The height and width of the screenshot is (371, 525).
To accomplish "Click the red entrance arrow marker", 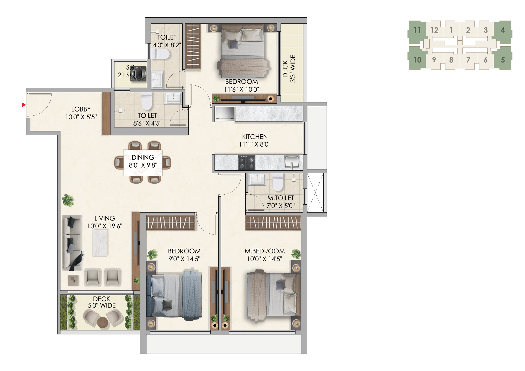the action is pyautogui.click(x=24, y=105).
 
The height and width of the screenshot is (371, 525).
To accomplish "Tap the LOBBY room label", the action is pyautogui.click(x=81, y=109).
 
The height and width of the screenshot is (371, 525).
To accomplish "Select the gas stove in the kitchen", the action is pyautogui.click(x=246, y=162).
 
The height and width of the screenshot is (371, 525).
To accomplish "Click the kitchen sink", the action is pyautogui.click(x=292, y=162).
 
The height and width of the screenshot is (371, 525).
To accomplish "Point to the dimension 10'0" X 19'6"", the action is pyautogui.click(x=105, y=226).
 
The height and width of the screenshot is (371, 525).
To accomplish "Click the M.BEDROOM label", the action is pyautogui.click(x=265, y=251).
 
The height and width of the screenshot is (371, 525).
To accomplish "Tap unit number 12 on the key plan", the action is pyautogui.click(x=434, y=30).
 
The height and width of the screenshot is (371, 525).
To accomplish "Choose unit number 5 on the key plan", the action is pyautogui.click(x=503, y=60).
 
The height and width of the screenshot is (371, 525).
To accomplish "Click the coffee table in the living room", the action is pyautogui.click(x=100, y=243).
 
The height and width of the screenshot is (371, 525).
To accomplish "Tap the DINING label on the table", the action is pyautogui.click(x=143, y=157).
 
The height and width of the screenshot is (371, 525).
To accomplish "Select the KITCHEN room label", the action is pyautogui.click(x=255, y=137).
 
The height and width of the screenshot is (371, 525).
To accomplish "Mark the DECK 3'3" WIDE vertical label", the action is pyautogui.click(x=289, y=69).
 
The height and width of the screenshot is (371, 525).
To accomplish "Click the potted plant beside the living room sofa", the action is pyautogui.click(x=68, y=200).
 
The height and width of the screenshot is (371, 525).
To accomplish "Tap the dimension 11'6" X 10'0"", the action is pyautogui.click(x=242, y=89).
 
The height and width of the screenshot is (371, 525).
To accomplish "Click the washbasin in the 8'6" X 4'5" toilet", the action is pyautogui.click(x=173, y=98).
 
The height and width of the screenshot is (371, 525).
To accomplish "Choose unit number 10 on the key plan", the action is pyautogui.click(x=417, y=60).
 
